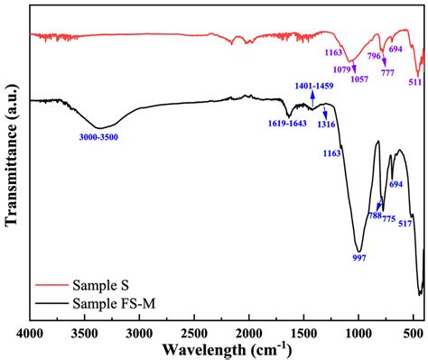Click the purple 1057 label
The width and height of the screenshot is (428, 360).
358,79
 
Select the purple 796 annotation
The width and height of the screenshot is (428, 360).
374,55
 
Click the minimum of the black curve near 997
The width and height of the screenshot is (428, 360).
359,250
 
